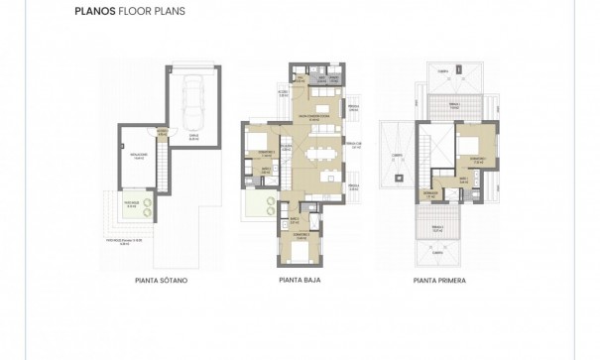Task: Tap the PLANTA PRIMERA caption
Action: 440,281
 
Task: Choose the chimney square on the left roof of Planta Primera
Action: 400,178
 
